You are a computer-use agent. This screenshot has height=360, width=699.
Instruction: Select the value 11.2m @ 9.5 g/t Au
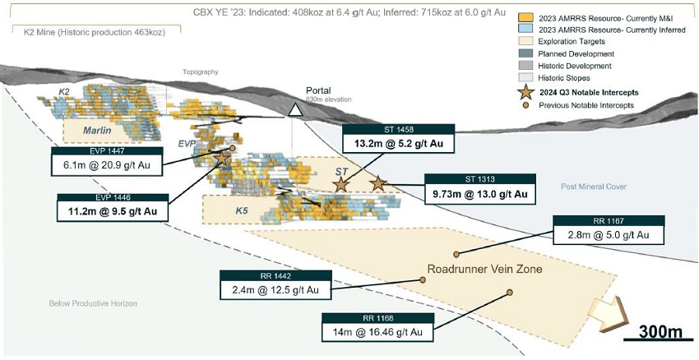click(113, 210)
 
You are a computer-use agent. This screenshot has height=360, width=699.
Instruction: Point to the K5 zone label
click(242, 211)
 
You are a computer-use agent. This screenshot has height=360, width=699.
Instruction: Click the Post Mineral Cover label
click(594, 187)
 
